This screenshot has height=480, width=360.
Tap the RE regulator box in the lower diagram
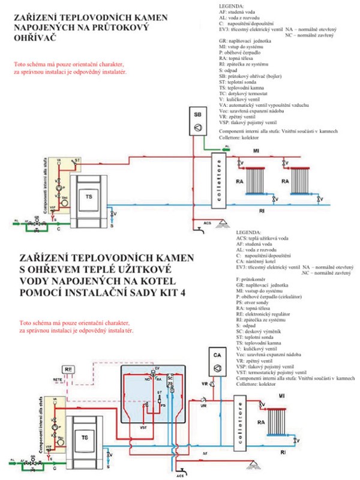point(70,370)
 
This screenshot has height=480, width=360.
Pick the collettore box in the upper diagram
point(220,179)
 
